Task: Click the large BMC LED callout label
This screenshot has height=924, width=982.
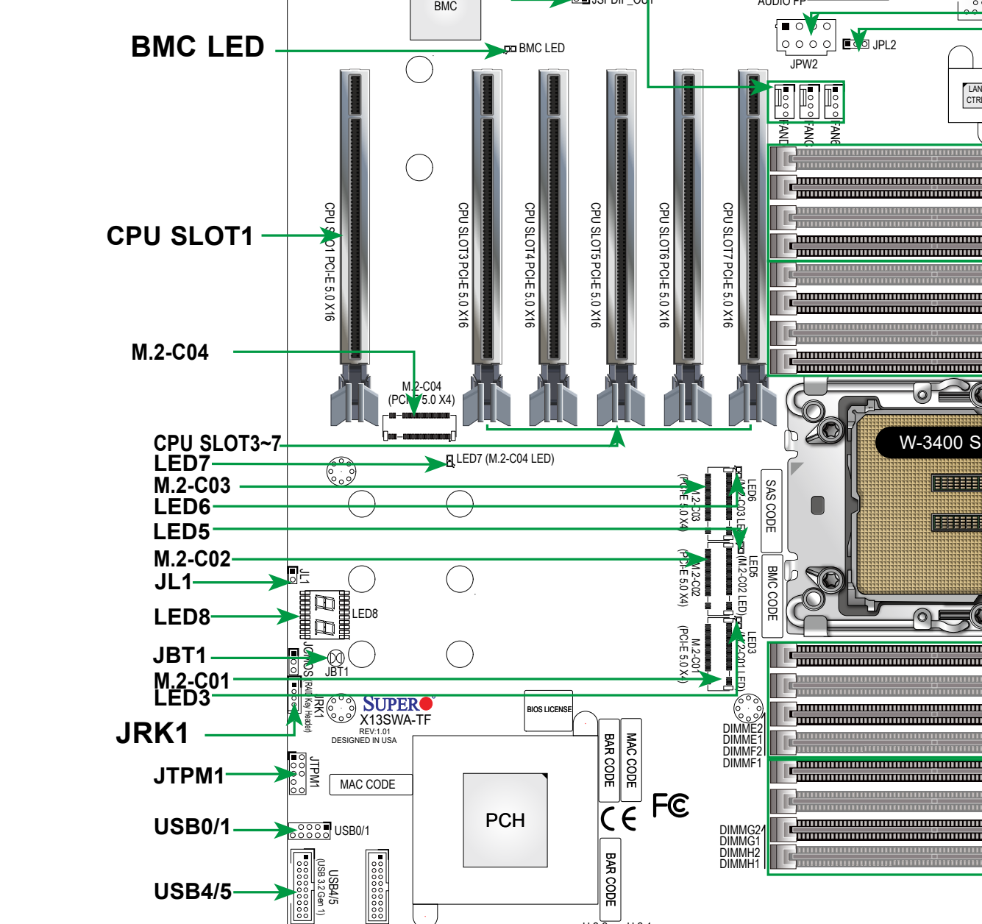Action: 197,47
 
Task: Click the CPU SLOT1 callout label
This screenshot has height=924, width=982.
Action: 179,236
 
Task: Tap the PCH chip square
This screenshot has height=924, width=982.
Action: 505,820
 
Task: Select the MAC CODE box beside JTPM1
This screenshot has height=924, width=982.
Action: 368,785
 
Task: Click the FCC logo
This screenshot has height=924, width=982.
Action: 671,806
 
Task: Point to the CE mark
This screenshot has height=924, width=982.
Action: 619,819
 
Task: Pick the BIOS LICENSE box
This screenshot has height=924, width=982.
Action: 549,710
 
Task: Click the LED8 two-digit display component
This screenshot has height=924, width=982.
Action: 324,614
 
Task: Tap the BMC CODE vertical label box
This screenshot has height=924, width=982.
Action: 772,593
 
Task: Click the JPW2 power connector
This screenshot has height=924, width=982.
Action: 805,35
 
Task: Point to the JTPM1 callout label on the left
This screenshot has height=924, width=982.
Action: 189,775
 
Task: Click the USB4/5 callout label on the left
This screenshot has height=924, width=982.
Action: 193,892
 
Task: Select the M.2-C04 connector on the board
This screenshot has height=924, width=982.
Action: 419,426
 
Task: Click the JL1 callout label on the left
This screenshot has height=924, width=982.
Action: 174,582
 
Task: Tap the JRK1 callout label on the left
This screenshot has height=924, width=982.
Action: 152,733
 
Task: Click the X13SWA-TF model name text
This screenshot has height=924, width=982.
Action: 396,720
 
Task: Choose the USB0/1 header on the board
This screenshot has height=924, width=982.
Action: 309,831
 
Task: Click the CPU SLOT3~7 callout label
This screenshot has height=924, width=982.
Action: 217,444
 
